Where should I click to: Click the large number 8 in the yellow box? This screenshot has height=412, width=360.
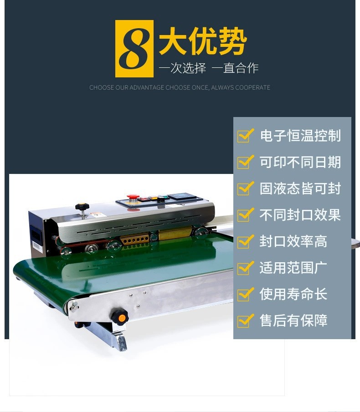(134, 49)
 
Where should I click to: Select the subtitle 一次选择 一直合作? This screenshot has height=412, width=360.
(209, 68)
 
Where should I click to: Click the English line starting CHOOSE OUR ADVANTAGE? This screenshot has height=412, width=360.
(180, 87)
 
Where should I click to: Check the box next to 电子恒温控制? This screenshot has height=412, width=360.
(245, 135)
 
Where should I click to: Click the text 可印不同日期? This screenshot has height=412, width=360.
(300, 162)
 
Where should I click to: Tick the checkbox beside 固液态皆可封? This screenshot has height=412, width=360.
(245, 188)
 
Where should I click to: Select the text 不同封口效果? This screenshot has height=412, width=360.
(300, 215)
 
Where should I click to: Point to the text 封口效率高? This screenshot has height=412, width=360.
(293, 241)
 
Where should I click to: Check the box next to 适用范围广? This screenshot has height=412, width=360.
(245, 268)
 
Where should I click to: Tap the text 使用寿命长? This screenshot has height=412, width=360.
(293, 294)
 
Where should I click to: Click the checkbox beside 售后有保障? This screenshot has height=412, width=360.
(245, 320)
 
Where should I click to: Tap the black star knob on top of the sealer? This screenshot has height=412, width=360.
(82, 207)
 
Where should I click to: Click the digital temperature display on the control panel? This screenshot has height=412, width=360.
(182, 197)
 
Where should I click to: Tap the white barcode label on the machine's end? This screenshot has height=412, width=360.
(37, 247)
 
